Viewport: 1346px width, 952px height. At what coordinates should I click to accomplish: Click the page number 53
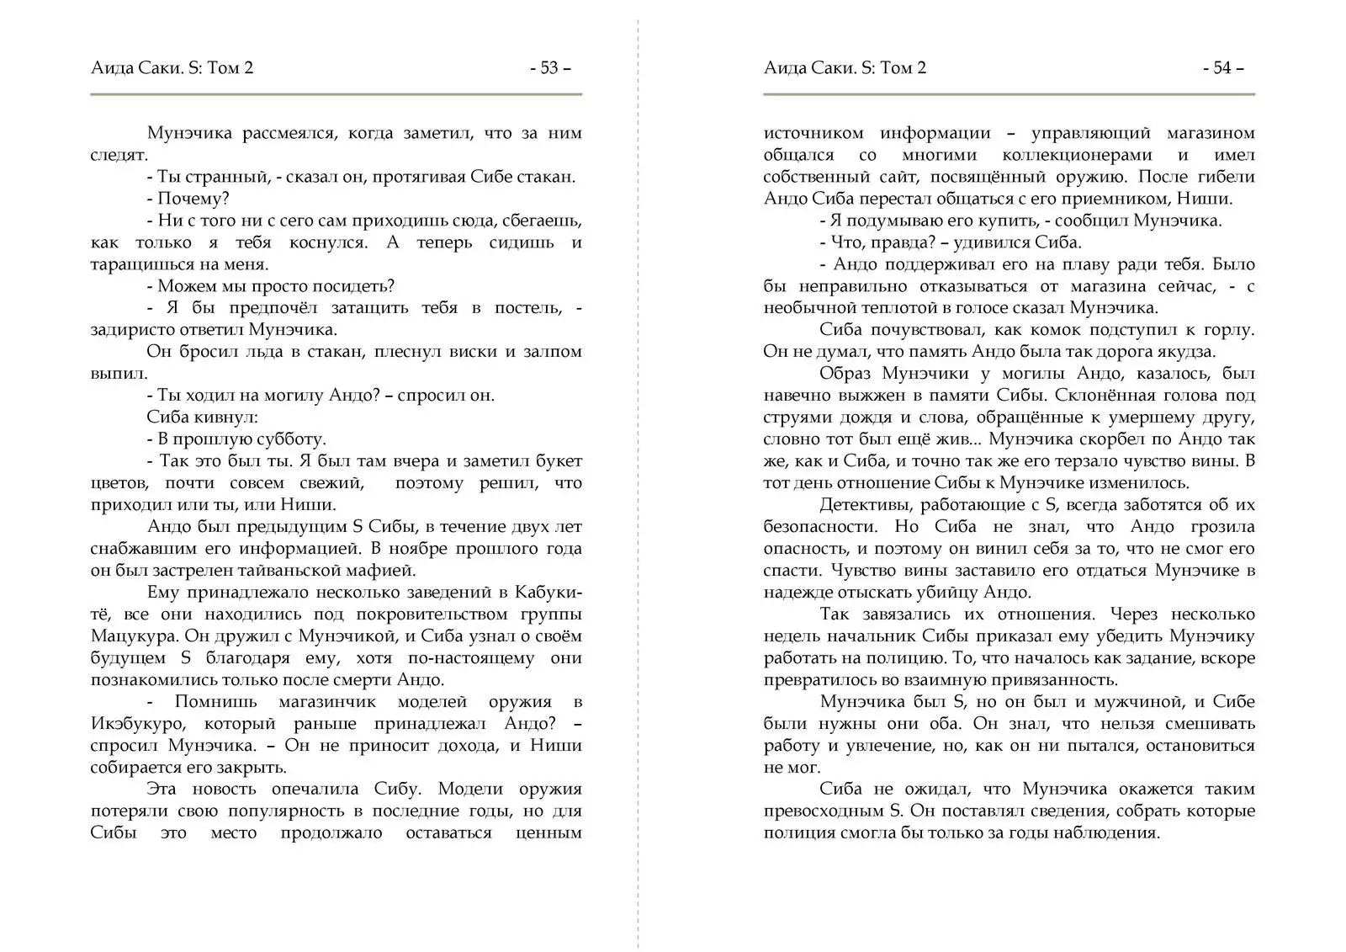click(549, 68)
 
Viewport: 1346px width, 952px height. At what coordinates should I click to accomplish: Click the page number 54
click(1222, 68)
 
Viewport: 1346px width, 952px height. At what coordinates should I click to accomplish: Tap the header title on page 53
click(172, 68)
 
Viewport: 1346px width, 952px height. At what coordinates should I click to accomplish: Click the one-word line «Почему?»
click(193, 199)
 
